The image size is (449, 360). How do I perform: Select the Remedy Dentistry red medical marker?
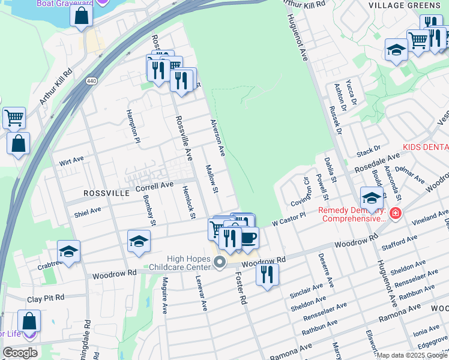click(x=395, y=214)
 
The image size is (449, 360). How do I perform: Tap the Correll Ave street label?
click(x=154, y=187)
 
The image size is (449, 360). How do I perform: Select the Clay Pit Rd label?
click(x=46, y=298)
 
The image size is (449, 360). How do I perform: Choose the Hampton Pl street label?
click(x=133, y=127)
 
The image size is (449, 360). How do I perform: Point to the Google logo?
click(x=20, y=352)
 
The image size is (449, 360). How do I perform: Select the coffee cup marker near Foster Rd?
click(x=247, y=238)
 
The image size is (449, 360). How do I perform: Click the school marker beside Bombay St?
click(x=139, y=241)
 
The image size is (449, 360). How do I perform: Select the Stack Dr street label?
click(x=369, y=149)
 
